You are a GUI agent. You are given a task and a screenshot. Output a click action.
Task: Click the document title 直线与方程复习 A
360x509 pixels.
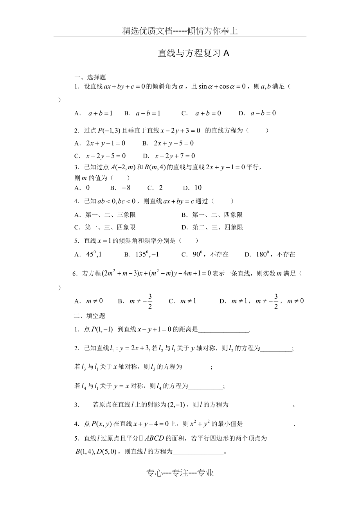click(x=193, y=54)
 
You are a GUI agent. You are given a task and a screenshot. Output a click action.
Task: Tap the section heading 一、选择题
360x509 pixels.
click(x=90, y=77)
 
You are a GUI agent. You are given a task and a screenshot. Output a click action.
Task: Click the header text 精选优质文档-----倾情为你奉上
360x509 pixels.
click(x=180, y=31)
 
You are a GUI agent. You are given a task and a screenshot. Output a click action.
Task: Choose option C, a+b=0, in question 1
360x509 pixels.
click(x=202, y=113)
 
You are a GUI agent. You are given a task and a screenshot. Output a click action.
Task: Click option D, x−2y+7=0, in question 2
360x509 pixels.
click(x=169, y=156)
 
